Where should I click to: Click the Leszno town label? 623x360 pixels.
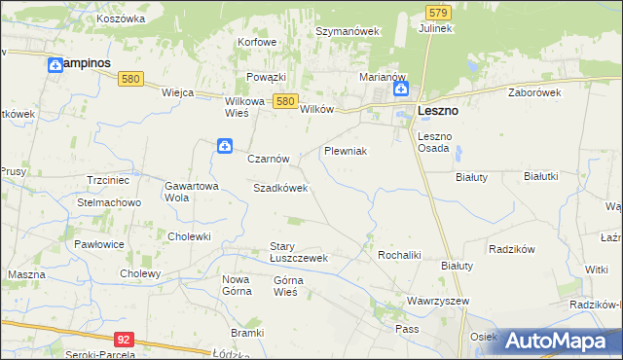click(x=438, y=111)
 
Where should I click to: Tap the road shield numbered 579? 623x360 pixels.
click(x=438, y=12)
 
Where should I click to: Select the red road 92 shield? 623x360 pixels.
click(x=123, y=340)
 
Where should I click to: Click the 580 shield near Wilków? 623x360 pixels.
click(x=284, y=100)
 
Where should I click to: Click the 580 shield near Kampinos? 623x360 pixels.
click(x=136, y=79)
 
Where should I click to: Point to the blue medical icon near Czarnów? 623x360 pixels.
click(x=224, y=146)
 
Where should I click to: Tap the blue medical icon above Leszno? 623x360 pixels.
click(x=401, y=90)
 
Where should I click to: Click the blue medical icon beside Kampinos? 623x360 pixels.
click(x=55, y=64)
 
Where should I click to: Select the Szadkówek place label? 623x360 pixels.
click(x=280, y=188)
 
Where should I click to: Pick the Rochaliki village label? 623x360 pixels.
click(x=398, y=255)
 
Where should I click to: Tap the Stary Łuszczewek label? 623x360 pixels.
click(x=298, y=252)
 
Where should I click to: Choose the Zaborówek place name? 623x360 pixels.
click(x=535, y=92)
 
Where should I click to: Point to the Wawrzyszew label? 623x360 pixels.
click(x=438, y=301)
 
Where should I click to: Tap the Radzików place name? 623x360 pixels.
click(x=513, y=248)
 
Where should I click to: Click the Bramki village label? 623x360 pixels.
click(x=248, y=333)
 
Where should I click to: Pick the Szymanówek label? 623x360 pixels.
click(x=347, y=31)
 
